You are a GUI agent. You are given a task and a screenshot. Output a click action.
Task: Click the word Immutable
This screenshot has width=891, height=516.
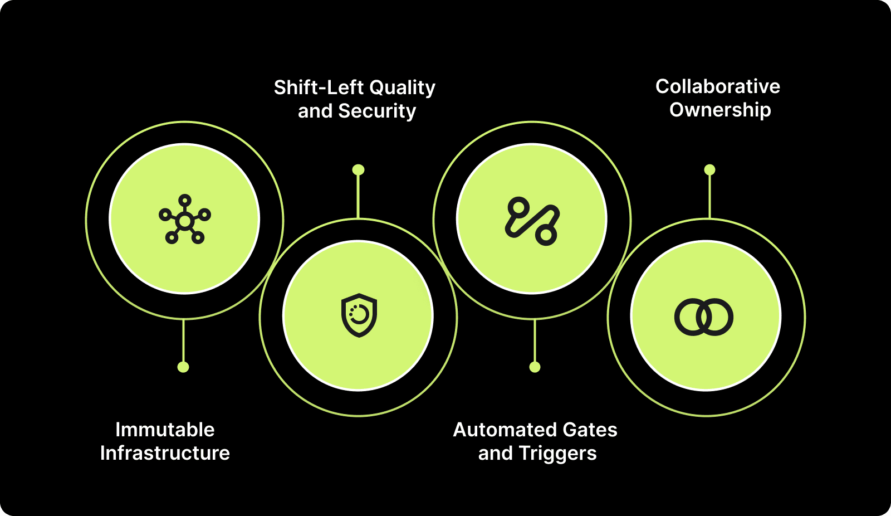(165, 430)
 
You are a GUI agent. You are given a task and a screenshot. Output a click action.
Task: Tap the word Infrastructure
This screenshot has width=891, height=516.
(165, 453)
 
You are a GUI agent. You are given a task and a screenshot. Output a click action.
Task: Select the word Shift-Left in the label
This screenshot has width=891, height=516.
(319, 87)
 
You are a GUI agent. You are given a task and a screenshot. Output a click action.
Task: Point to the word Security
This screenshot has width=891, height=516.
(377, 111)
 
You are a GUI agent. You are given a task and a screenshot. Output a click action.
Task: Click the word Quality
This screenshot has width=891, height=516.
(402, 87)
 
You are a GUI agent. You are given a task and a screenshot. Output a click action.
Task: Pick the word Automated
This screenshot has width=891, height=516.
(505, 430)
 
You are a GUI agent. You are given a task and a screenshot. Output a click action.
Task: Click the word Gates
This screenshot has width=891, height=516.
(590, 430)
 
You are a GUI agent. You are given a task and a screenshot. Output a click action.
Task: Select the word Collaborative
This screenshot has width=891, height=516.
(718, 86)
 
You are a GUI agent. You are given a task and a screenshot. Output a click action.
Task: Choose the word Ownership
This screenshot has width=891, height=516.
(720, 110)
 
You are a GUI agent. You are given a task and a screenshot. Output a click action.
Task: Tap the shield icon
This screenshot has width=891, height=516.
(359, 315)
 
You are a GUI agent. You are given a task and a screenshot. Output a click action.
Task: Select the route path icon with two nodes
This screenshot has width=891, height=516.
(532, 221)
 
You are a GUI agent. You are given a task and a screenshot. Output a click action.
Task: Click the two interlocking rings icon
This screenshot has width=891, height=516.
(704, 317)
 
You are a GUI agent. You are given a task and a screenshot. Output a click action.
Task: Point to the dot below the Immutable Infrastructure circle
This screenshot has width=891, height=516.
(183, 367)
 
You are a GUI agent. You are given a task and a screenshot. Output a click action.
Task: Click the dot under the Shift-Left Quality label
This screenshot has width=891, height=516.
(359, 169)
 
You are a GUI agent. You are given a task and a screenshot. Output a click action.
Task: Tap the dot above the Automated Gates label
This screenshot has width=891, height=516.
(535, 367)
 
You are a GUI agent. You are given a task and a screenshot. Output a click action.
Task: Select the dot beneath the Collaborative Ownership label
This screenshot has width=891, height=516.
(709, 169)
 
